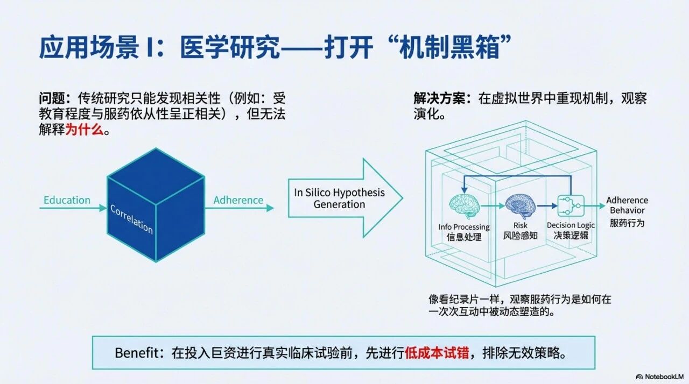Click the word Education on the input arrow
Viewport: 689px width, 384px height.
pos(67,200)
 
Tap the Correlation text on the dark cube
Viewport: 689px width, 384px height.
pos(132,219)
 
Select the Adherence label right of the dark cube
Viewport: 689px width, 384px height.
pos(238,200)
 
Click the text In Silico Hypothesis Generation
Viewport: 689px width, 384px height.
pos(339,198)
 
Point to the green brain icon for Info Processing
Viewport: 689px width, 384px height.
pos(464,206)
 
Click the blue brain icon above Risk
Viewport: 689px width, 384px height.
pos(520,206)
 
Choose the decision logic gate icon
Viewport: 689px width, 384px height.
pos(571,205)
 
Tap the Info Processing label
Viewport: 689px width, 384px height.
pos(464,227)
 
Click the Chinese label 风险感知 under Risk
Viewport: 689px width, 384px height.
pos(521,236)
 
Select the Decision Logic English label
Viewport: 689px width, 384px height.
pos(571,225)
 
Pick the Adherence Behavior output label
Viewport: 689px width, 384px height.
pos(627,205)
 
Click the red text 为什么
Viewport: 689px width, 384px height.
pos(85,130)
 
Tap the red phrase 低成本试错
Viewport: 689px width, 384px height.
pos(437,353)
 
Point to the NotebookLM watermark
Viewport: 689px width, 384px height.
pos(659,376)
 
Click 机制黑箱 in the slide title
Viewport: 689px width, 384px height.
pos(449,48)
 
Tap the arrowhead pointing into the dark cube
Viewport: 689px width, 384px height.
pos(103,208)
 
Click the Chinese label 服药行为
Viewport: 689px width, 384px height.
pos(627,223)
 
